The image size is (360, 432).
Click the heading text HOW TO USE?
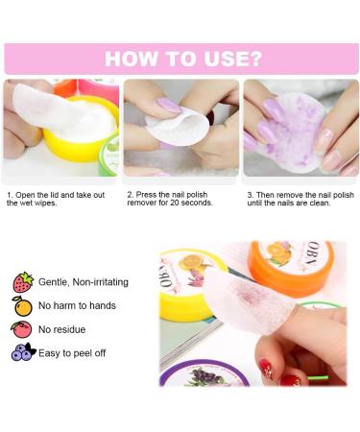tap(181, 59)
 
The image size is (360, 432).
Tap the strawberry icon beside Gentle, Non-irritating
tap(23, 282)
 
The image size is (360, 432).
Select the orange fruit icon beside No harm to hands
tap(23, 306)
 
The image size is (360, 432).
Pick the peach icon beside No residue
tap(23, 329)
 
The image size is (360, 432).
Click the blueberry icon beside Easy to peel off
tap(23, 352)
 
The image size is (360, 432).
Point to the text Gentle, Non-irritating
tap(84, 282)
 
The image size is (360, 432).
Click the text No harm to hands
tap(78, 306)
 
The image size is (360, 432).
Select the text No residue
tap(64, 329)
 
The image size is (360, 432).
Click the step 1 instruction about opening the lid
tap(58, 199)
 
